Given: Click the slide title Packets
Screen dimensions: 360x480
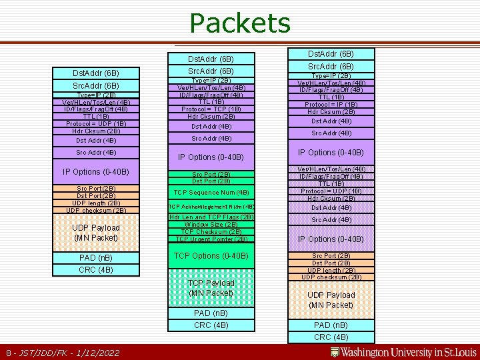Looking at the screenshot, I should click(240, 23).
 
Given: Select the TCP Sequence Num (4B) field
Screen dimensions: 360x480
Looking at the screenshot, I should click(211, 193).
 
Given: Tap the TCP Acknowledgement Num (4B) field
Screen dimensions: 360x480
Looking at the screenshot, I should click(211, 207).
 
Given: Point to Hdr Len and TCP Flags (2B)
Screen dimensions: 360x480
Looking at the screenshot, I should click(211, 217).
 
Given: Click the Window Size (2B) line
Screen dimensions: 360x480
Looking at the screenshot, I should click(211, 225).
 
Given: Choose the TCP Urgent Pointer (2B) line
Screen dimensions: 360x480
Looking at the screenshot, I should click(211, 239).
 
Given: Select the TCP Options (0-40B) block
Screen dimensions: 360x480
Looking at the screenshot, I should click(211, 256).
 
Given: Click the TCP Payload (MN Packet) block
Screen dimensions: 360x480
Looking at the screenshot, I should click(211, 288).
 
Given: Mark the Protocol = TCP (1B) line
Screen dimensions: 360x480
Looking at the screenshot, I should click(211, 109).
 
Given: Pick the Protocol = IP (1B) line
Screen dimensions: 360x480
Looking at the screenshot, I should click(331, 104).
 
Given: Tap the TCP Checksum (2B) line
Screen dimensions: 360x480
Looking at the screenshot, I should click(211, 232).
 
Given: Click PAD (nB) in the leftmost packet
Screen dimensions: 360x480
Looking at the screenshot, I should click(96, 257).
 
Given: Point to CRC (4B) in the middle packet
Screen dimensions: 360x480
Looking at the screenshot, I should click(211, 325).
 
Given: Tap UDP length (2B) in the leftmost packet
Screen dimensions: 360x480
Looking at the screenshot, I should click(96, 203).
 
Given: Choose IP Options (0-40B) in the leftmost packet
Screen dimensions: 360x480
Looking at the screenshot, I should click(96, 172).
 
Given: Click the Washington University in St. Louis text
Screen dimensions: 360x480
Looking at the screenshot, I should click(413, 352).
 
